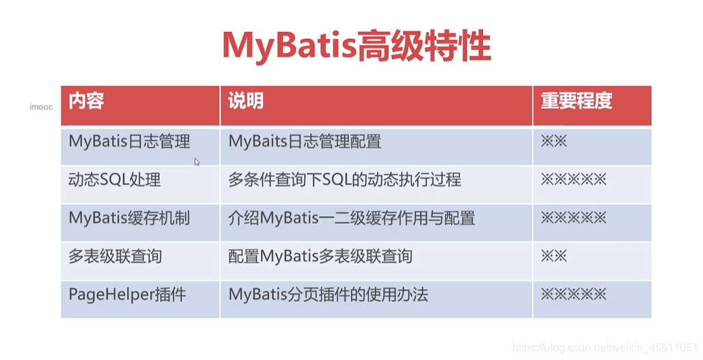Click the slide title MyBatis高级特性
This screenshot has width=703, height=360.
click(x=356, y=46)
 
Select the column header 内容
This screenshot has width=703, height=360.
click(x=86, y=102)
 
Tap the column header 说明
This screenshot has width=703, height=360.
click(x=246, y=102)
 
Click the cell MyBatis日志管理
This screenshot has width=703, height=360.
click(x=129, y=142)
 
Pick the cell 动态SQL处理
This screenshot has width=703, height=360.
click(x=114, y=180)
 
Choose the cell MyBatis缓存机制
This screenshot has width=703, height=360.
click(x=129, y=219)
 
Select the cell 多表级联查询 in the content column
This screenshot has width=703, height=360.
click(x=115, y=257)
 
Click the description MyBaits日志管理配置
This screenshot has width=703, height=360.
click(x=305, y=142)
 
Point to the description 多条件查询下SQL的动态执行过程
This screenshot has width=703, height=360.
click(x=344, y=180)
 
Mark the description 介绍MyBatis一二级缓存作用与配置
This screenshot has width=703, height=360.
click(x=351, y=219)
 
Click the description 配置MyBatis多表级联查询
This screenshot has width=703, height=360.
click(x=320, y=257)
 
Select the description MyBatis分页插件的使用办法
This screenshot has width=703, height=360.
click(x=328, y=295)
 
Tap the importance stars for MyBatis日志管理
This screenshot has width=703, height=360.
click(x=554, y=142)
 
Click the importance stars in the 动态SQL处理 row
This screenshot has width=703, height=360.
click(x=573, y=180)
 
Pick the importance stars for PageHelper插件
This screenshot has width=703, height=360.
click(x=573, y=295)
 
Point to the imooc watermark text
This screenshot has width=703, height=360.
click(x=41, y=107)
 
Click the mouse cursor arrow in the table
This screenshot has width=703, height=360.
click(x=197, y=162)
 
